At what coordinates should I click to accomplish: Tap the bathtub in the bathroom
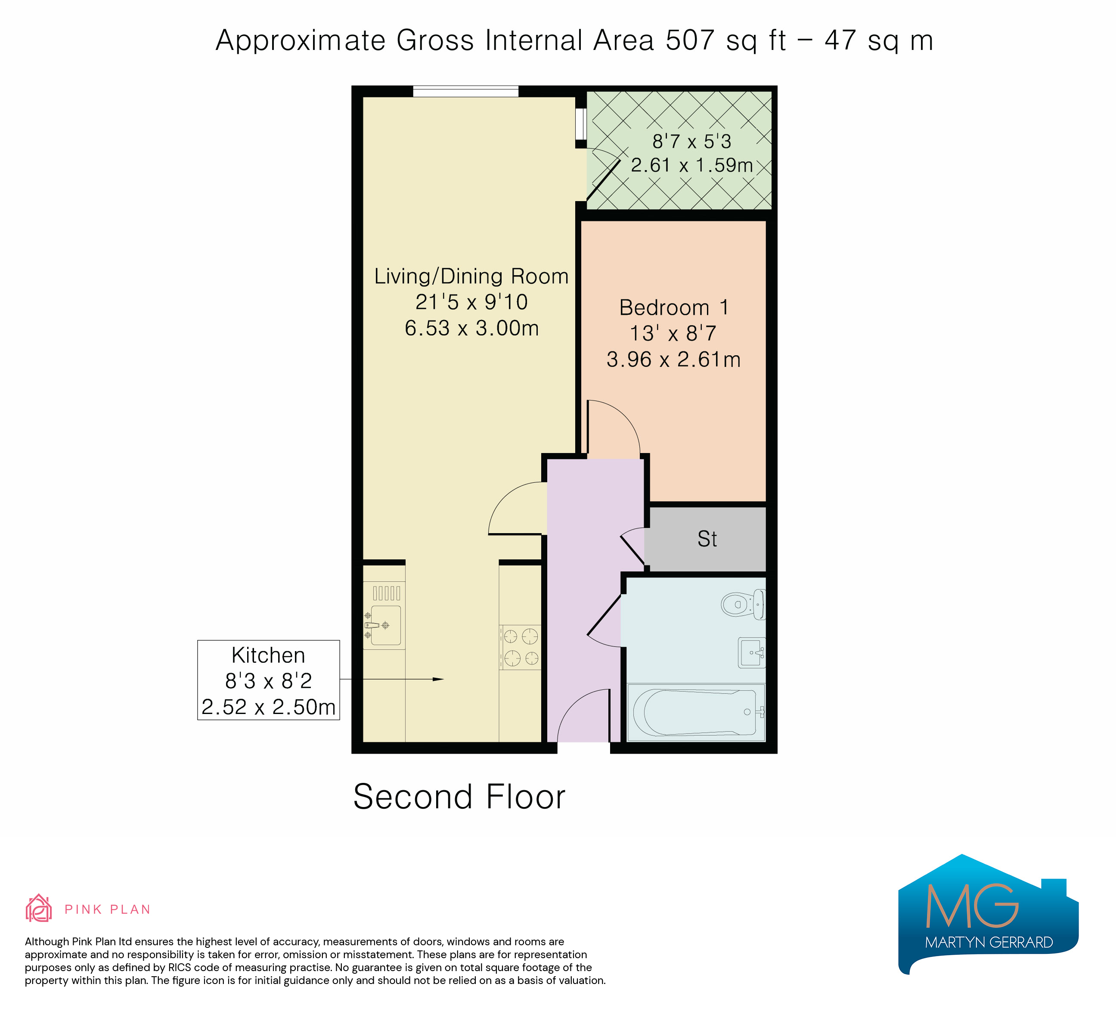696,713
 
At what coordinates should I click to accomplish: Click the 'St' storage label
707,539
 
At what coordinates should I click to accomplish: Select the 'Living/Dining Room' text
471,276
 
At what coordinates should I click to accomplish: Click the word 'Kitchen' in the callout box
269,655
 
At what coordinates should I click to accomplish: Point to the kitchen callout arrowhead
438,679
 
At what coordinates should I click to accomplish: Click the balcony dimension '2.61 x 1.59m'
691,165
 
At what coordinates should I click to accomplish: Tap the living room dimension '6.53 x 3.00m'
471,328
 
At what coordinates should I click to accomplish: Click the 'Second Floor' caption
459,797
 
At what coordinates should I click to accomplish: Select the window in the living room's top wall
465,91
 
